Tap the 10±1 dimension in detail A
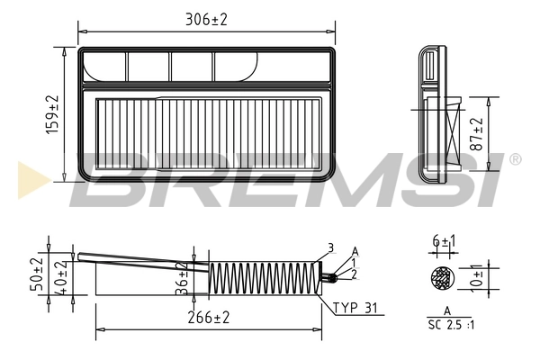477,277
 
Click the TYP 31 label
358,308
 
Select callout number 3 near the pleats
330,247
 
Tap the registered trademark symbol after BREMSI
515,159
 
